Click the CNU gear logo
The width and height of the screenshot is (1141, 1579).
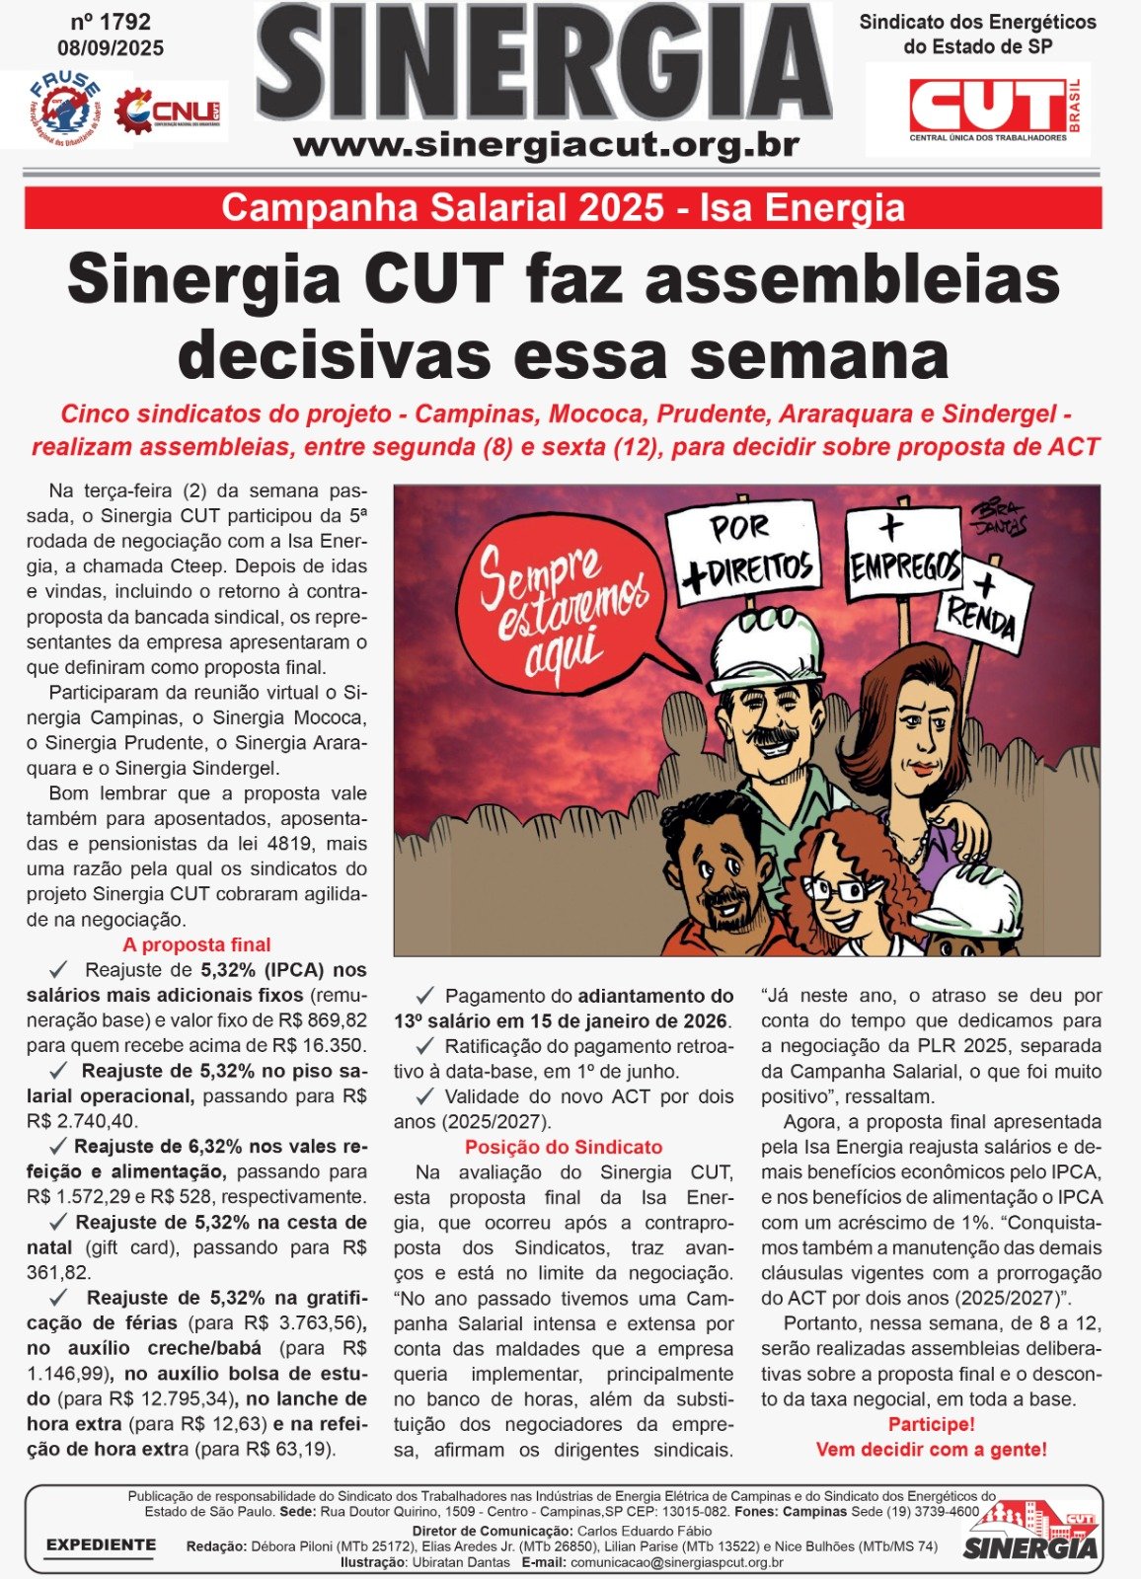168,112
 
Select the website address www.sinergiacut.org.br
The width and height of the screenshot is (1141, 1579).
546,145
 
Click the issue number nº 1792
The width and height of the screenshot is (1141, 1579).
111,22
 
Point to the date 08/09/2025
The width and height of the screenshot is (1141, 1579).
111,47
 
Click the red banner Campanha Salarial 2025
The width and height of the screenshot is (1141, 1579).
563,208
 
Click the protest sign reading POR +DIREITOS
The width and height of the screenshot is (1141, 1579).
743,551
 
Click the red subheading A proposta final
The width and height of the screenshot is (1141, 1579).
196,944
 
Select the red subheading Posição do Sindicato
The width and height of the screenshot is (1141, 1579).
564,1147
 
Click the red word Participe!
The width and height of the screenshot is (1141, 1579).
931,1424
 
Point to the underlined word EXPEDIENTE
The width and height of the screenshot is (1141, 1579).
101,1544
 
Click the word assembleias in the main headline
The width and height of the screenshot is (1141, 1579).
852,279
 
